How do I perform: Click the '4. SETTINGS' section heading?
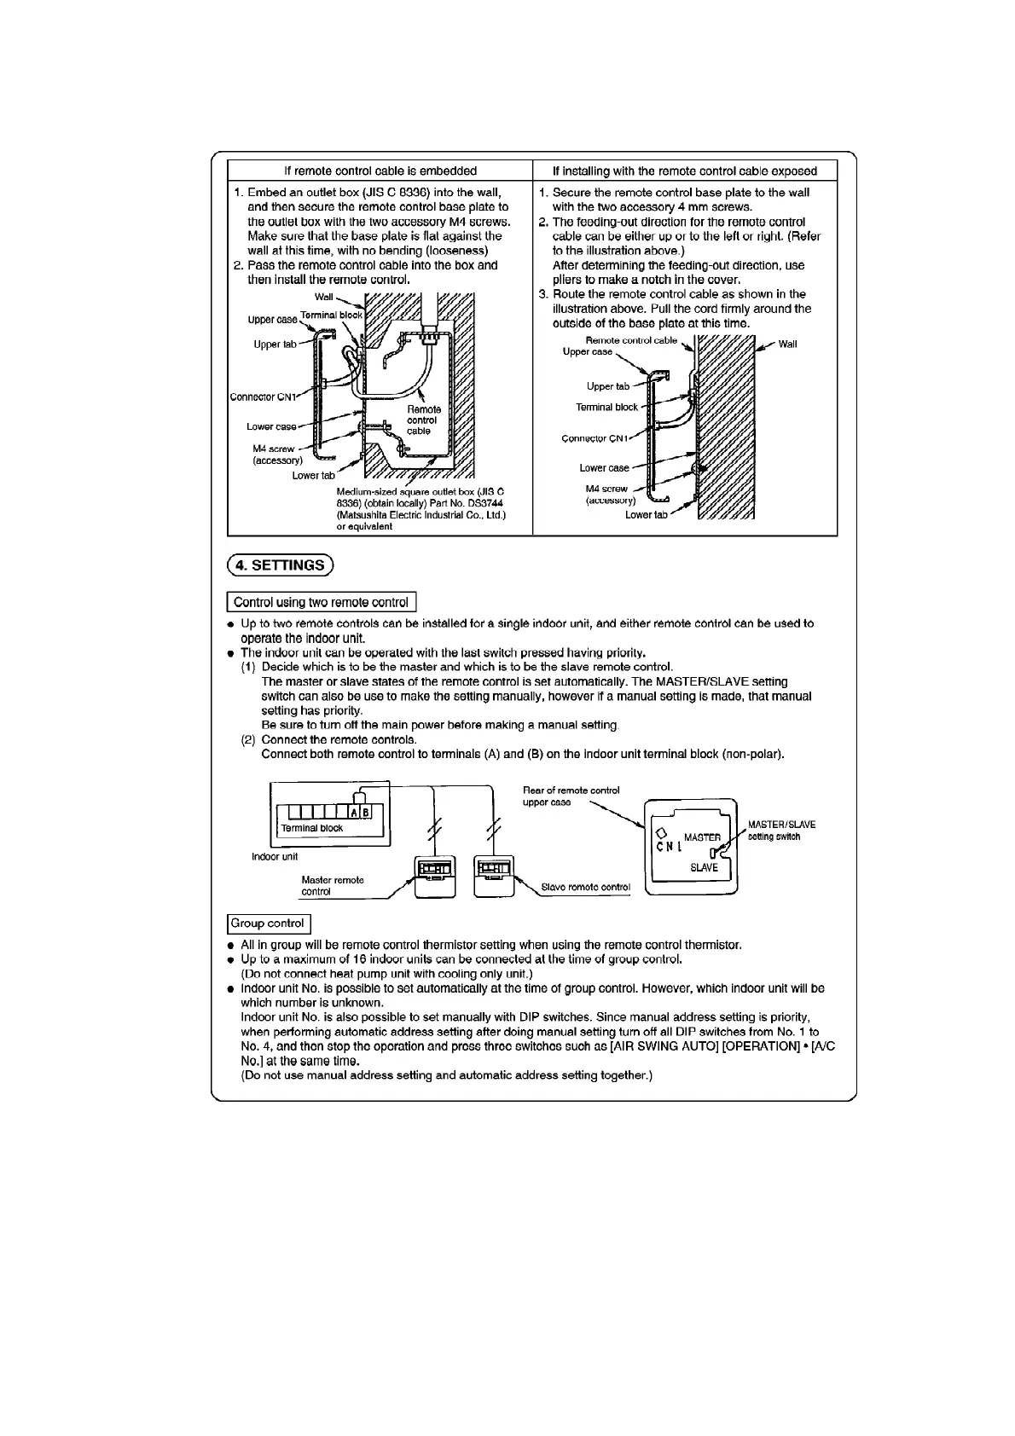click(281, 565)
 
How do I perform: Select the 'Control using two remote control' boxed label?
click(321, 602)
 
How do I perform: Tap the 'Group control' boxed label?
click(268, 924)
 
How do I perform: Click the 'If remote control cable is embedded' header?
click(380, 171)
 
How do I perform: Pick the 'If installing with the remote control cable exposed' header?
click(684, 171)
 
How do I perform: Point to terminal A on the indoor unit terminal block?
click(355, 812)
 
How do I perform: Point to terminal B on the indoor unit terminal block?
click(366, 812)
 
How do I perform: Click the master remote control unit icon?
click(434, 876)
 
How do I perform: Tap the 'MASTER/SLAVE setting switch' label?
click(781, 830)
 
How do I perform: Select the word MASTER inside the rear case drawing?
click(702, 837)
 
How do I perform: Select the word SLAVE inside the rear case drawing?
click(704, 867)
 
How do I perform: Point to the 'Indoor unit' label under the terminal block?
click(275, 856)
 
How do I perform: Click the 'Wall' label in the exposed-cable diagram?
click(787, 344)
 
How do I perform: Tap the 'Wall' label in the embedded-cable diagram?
click(324, 297)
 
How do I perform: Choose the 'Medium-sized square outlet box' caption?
click(420, 509)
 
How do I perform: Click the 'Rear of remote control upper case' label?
click(571, 796)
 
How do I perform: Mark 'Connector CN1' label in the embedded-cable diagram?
click(263, 397)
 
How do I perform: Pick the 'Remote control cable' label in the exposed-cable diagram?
click(631, 340)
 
